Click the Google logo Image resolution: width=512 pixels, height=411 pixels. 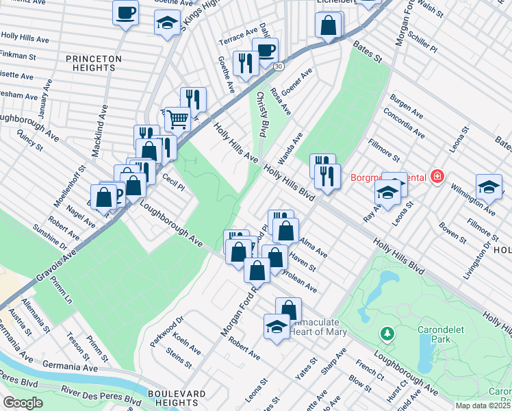pos(23,403)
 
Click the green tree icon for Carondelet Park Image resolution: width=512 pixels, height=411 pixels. pos(388,333)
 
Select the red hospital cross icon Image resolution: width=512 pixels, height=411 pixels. pos(437,177)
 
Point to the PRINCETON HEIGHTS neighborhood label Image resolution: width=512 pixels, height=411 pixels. pos(94,64)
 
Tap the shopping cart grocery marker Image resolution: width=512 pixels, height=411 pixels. pos(177,119)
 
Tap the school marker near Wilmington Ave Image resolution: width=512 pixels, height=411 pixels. pos(489,187)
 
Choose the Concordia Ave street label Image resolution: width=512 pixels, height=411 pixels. pos(403,121)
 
